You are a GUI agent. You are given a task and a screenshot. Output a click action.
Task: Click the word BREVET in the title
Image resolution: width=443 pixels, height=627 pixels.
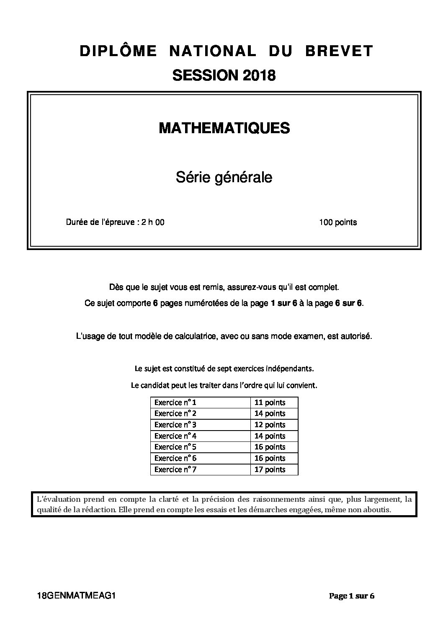pos(339,51)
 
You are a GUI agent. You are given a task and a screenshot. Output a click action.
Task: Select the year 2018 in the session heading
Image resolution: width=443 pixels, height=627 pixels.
pos(258,75)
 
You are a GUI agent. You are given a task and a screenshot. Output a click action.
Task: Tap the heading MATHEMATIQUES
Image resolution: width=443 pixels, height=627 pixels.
pos(224,128)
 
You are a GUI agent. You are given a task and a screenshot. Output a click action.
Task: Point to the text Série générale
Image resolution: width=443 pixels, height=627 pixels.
pos(224,178)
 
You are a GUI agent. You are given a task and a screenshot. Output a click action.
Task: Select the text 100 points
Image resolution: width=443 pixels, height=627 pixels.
pos(337,222)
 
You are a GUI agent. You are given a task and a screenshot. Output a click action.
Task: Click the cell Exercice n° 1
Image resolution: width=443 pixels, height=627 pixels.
pos(175,403)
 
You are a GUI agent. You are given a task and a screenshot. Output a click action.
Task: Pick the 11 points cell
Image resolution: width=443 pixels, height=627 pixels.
pos(270,403)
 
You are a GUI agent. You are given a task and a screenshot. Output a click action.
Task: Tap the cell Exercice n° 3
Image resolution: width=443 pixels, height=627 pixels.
pos(175,425)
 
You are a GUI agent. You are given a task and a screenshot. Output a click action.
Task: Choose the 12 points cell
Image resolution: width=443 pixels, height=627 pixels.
pos(270,425)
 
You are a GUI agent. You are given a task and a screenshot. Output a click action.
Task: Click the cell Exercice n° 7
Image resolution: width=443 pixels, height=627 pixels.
pos(175,470)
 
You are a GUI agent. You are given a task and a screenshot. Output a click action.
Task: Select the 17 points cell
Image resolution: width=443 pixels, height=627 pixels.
pos(270,470)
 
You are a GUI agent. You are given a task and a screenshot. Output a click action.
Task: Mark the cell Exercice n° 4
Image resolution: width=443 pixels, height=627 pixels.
pos(175,436)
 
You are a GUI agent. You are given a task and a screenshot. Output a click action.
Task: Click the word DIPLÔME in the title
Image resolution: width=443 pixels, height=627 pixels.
pos(118,51)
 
